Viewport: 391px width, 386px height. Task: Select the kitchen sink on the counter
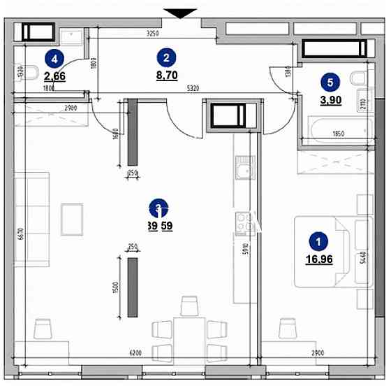tap(244, 171)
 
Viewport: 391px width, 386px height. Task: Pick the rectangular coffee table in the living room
tap(72, 220)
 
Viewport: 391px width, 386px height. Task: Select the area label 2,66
tap(55, 76)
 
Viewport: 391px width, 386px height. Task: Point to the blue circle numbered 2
tap(165, 57)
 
